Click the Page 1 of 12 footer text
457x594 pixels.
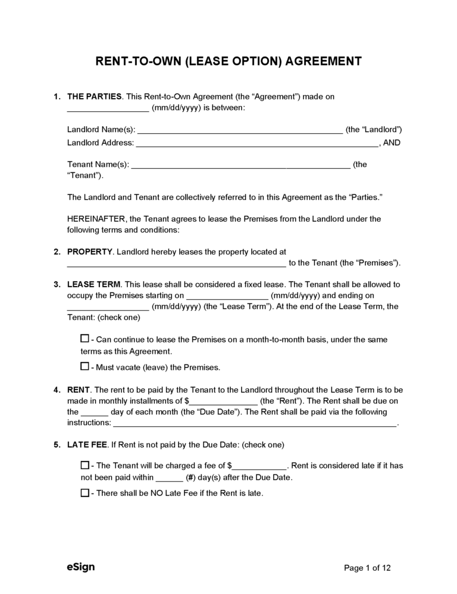368,568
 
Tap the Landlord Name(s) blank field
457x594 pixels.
240,130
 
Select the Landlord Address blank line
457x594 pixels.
258,143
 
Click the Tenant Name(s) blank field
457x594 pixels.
240,165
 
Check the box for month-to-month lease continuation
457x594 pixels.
84,339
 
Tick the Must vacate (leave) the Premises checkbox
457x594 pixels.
84,366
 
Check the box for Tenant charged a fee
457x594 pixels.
84,465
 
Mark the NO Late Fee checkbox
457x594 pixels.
84,492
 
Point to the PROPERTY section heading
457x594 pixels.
90,252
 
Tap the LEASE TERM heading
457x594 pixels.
94,284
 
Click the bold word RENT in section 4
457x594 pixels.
79,390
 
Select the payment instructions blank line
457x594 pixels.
254,423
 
